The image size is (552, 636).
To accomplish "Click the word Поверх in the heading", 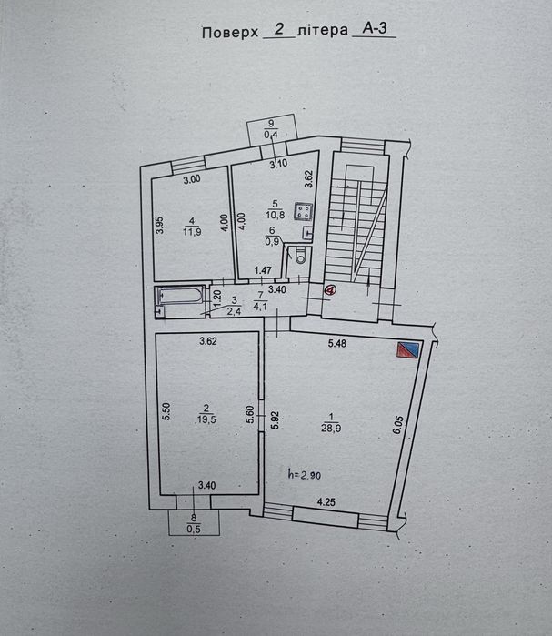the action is pos(230,33).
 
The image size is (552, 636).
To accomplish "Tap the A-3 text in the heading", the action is pos(375,29).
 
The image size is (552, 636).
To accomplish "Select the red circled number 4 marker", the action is pos(330,289).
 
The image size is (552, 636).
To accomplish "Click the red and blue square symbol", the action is pos(408,349).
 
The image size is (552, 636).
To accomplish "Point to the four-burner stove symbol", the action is pos(304,211).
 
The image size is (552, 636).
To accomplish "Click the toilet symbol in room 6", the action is pos(301,256).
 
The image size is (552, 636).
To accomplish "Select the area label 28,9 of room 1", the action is pos(331,429).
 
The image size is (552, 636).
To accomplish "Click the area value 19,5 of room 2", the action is pos(206,419).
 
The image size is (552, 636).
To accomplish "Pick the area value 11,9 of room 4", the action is pos(192,232).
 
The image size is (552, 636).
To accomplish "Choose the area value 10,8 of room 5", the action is pos(275,215).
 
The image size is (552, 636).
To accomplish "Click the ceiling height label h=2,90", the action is pos(305,474).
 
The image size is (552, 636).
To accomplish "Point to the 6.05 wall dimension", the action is pos(398,424).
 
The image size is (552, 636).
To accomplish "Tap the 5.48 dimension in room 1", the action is pos(337,344).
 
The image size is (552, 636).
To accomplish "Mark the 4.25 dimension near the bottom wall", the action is pos(326,502).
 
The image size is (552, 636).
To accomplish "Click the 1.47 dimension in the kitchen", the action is pos(263,270).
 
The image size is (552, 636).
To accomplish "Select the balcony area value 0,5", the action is pos(194,529).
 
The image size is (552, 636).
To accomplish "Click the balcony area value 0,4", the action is pos(271,135).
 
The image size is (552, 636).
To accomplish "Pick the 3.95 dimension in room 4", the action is pos(160,225).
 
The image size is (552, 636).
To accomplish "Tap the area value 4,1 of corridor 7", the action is pos(260,307).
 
